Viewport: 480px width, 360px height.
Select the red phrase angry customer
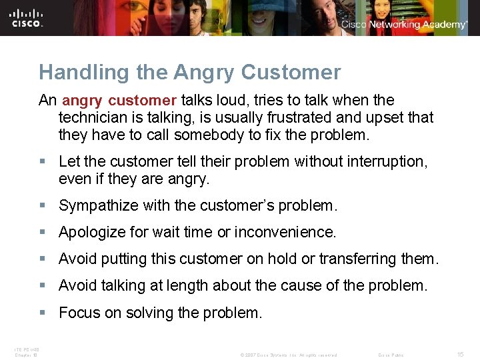(x=119, y=101)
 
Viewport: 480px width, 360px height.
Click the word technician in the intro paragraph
(x=95, y=118)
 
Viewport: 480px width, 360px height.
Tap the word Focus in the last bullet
(x=77, y=313)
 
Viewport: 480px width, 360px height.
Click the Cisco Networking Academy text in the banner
(x=404, y=24)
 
